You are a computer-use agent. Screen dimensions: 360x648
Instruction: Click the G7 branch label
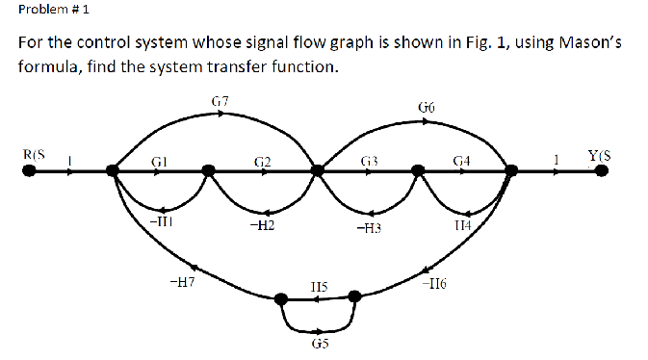(x=219, y=100)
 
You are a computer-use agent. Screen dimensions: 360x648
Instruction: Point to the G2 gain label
(x=261, y=160)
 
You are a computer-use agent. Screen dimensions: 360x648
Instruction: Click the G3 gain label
(x=369, y=160)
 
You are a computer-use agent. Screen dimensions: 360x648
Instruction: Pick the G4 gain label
(x=461, y=160)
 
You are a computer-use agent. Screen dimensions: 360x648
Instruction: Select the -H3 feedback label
(x=368, y=229)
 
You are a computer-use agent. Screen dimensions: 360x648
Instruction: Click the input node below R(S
(x=31, y=171)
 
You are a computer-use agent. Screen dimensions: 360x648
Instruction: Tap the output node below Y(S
(x=601, y=171)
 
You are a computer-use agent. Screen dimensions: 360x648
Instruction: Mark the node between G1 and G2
(x=209, y=171)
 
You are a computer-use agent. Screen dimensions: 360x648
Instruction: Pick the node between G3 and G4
(x=418, y=171)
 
